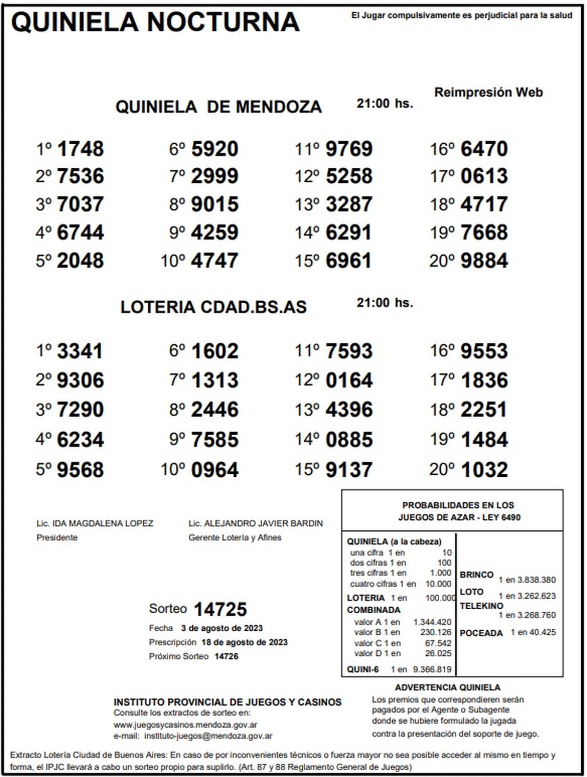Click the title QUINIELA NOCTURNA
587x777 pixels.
click(155, 22)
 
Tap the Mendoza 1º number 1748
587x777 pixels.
click(81, 149)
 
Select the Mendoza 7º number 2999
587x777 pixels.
click(215, 176)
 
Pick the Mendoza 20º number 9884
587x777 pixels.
click(484, 261)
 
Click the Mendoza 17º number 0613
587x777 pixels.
click(484, 176)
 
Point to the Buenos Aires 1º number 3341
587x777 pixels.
click(80, 351)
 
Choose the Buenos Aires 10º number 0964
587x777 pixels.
click(215, 470)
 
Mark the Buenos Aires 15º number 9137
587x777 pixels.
click(349, 470)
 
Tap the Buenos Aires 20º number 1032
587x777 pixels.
click(484, 470)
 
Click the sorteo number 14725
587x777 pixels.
click(220, 609)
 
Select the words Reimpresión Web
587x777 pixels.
click(488, 92)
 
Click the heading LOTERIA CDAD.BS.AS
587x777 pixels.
click(213, 307)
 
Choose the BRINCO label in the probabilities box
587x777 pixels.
click(476, 575)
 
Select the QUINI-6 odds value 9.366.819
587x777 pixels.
click(432, 669)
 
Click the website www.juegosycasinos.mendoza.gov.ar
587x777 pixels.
click(186, 725)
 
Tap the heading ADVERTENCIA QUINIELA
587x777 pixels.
click(448, 688)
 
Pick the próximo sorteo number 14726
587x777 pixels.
click(226, 656)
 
